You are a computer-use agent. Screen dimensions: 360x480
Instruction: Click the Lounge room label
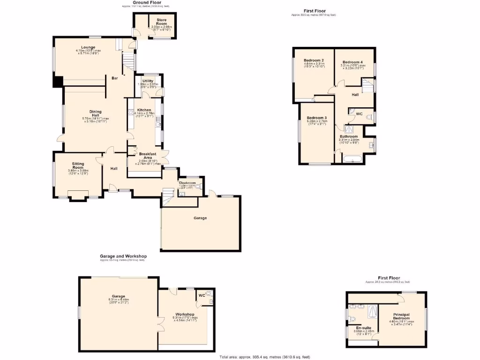[x=88, y=47]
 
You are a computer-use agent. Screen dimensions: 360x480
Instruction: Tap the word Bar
[x=114, y=78]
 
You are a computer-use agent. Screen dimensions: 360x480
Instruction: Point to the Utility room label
[x=148, y=81]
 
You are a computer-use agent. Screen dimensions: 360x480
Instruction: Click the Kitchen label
[x=144, y=110]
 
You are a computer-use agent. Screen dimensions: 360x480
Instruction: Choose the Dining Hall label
[x=96, y=113]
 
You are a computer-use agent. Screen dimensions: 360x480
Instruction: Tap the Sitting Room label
[x=78, y=165]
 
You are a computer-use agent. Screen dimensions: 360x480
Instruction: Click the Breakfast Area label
[x=148, y=156]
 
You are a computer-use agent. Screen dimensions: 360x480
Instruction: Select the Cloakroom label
[x=190, y=183]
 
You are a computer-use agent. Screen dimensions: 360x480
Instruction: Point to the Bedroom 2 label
[x=314, y=60]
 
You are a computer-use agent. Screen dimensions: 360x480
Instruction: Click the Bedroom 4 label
[x=352, y=62]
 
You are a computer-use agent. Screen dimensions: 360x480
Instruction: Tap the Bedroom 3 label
[x=316, y=118]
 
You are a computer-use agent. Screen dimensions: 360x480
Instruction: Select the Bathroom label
[x=349, y=136]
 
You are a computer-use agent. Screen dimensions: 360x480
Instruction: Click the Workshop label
[x=185, y=314]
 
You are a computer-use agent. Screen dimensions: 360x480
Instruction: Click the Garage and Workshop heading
[x=123, y=256]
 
